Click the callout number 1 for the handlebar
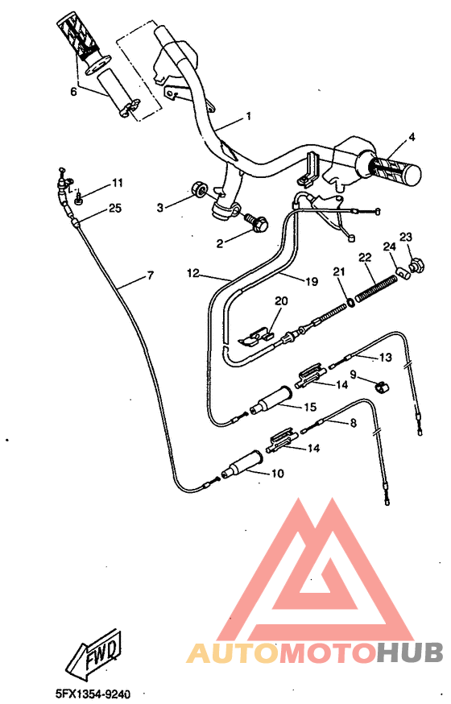click(x=247, y=116)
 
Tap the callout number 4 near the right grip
click(x=412, y=137)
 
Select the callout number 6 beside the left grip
click(x=73, y=92)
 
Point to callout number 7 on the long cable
click(x=149, y=277)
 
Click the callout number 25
click(x=114, y=209)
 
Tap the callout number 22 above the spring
click(x=364, y=257)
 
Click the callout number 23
click(x=406, y=237)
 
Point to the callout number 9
click(x=352, y=374)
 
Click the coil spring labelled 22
click(x=376, y=286)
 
